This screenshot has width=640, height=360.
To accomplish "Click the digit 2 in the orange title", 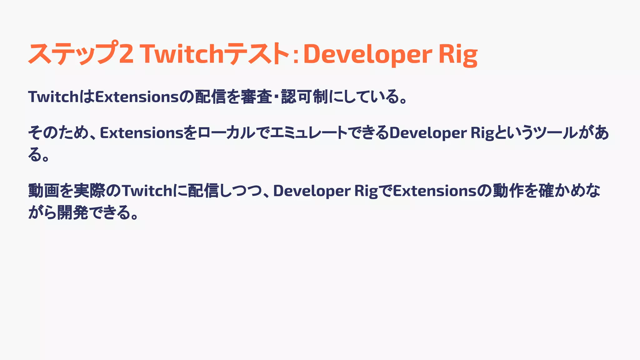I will (126, 54).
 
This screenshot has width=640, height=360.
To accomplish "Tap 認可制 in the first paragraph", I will (304, 97).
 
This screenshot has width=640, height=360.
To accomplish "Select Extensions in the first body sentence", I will (137, 97).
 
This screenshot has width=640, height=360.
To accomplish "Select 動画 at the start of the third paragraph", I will (43, 191).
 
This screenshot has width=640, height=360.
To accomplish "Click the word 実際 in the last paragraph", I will (89, 191).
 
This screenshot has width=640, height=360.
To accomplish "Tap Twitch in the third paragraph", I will (147, 191).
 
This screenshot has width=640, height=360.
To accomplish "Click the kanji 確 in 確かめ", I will (546, 191).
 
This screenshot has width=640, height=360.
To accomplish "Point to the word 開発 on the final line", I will (72, 213).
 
